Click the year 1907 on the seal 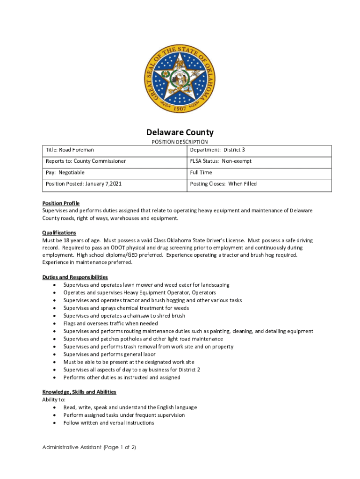tap(180, 108)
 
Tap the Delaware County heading tap(180, 132)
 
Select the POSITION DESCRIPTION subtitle tap(180, 142)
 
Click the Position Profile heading tap(61, 203)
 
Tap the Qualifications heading tap(59, 232)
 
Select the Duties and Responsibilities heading tap(75, 277)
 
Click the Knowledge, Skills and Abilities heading tap(79, 392)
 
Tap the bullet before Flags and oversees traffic tap(56, 323)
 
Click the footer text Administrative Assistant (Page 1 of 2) tap(89, 447)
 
